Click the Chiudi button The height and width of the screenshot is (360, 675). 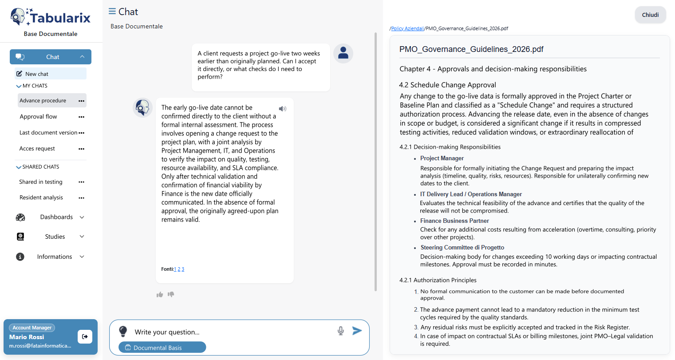point(650,15)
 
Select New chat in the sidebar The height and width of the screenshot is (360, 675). point(37,74)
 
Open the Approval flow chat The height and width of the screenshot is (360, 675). point(39,117)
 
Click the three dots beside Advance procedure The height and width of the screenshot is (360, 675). point(81,101)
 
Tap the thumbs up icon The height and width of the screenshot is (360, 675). point(160,294)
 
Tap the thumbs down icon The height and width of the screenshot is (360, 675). point(171,294)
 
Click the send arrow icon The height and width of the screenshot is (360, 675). point(357,331)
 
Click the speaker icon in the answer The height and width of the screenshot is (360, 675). point(283,109)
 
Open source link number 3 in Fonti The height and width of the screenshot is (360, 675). point(183,269)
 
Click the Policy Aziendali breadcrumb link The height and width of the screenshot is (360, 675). point(407,28)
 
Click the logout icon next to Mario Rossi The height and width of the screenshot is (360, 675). point(85,336)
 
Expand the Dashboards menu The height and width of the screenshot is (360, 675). point(56,217)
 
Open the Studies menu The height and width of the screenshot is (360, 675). point(55,237)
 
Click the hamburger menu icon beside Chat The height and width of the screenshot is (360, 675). point(112,12)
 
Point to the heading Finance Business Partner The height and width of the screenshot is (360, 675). point(454,221)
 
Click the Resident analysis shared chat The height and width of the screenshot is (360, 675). point(41,198)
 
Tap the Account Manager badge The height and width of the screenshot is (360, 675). point(32,328)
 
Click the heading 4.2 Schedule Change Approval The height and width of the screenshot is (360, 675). point(447,85)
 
